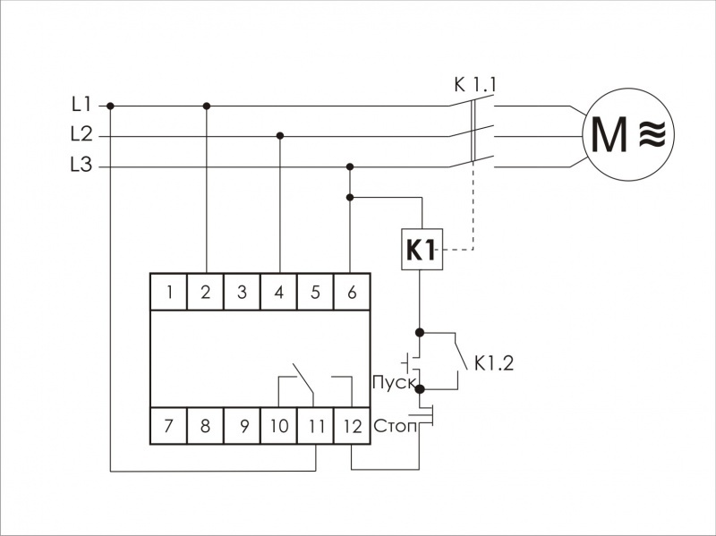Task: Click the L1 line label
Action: (x=81, y=105)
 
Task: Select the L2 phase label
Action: (x=81, y=135)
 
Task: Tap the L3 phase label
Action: (x=81, y=166)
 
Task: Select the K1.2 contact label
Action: (x=495, y=363)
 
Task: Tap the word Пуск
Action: (x=393, y=384)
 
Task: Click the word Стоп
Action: (x=395, y=426)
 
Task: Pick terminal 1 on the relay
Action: (x=168, y=292)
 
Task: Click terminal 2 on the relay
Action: (x=205, y=292)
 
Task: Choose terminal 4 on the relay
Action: (x=278, y=292)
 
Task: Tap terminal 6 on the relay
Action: (x=352, y=292)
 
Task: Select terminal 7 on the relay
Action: (x=168, y=426)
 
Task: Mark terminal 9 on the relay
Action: (x=242, y=426)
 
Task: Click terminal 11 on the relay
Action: (x=315, y=426)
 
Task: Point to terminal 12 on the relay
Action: (x=352, y=426)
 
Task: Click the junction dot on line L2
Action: (x=280, y=136)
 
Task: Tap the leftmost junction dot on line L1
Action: (x=111, y=106)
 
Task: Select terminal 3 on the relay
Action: (x=242, y=292)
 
